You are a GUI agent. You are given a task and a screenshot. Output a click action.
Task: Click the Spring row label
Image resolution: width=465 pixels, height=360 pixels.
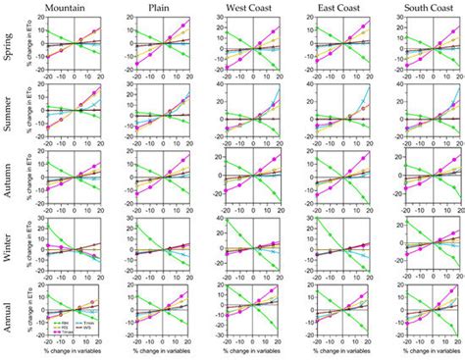[8, 45]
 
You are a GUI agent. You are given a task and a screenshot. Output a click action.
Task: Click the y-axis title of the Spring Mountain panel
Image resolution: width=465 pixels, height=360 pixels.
[27, 45]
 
